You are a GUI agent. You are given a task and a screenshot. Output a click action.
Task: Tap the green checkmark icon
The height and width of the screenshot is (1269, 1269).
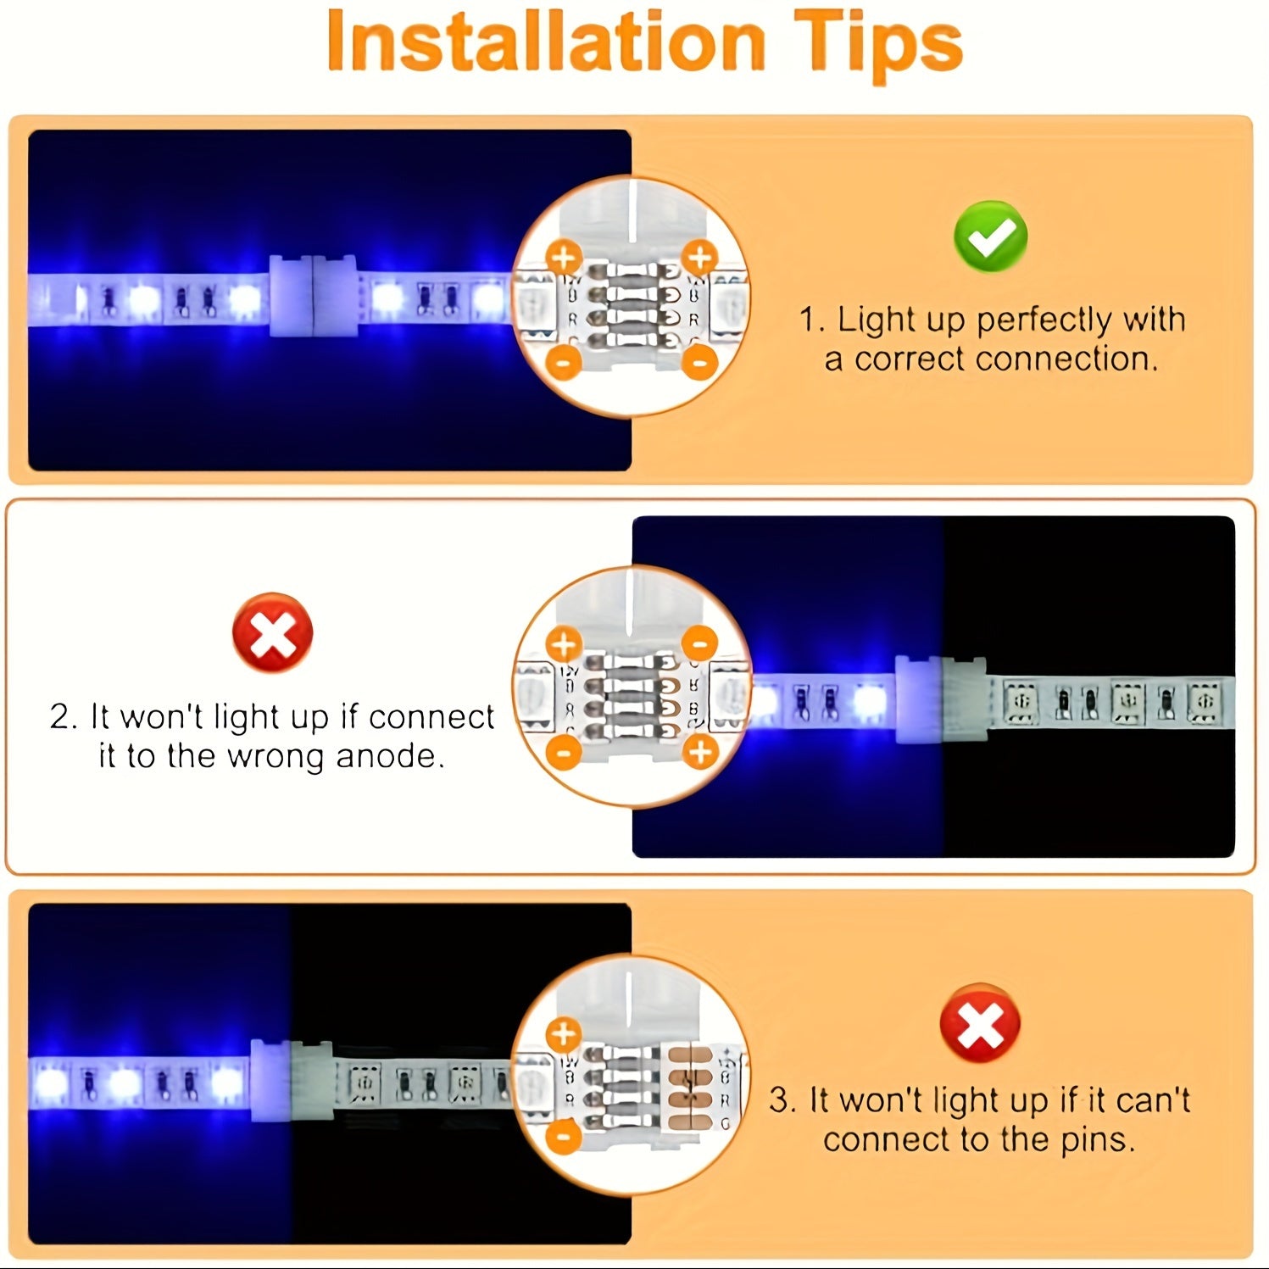990,237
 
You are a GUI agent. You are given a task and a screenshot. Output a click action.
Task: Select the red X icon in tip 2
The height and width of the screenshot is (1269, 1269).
272,632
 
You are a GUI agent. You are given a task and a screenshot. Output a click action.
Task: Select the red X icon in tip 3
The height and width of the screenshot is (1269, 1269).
979,1024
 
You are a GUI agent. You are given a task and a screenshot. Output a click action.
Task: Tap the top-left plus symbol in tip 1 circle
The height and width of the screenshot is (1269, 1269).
564,257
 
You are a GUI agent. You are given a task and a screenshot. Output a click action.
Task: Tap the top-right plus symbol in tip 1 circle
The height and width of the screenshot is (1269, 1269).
699,257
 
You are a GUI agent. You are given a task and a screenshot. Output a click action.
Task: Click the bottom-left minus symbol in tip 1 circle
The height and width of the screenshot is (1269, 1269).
564,361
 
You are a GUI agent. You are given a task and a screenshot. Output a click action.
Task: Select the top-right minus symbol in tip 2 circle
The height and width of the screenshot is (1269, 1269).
699,643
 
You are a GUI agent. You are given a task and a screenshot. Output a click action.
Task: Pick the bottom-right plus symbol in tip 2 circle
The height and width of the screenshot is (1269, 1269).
699,751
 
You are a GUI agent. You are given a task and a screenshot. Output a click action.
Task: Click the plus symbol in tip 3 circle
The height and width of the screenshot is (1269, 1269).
564,1035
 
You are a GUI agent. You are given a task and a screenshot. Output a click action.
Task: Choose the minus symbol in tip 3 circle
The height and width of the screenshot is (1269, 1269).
564,1136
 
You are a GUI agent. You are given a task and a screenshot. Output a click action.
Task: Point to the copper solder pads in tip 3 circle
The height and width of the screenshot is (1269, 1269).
691,1089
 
